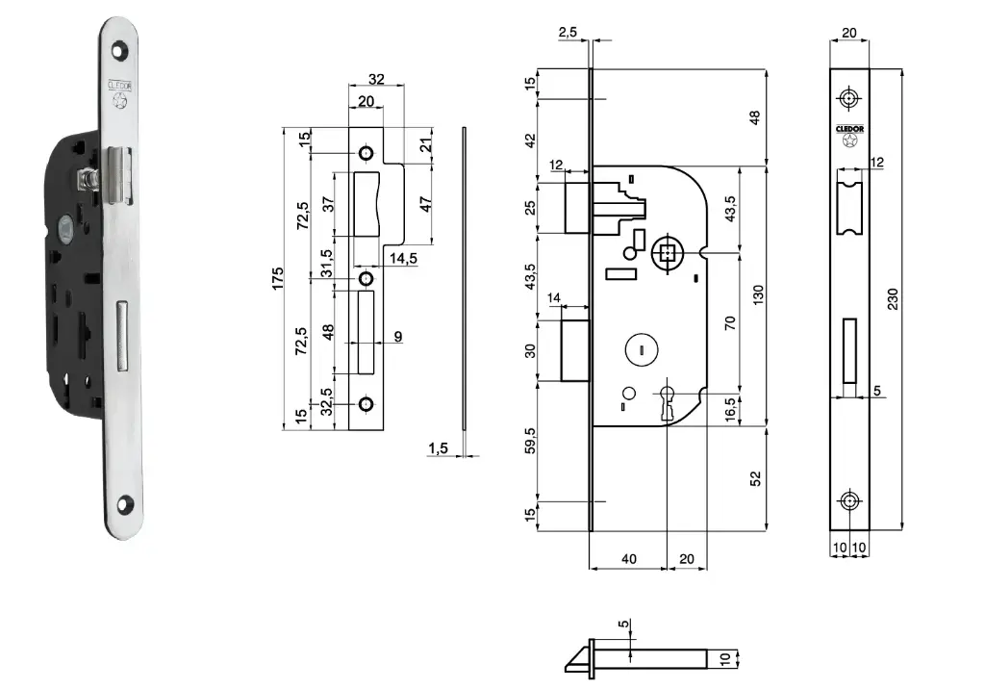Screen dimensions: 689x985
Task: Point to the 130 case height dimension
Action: pos(759,294)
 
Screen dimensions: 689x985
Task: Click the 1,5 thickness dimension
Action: pos(438,447)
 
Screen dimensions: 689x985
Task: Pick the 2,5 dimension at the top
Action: pos(568,32)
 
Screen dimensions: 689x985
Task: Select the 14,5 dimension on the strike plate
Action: pos(403,258)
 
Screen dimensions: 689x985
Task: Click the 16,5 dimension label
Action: pos(731,407)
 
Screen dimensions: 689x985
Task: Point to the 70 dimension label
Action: pos(731,322)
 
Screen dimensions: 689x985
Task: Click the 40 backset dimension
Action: pos(627,559)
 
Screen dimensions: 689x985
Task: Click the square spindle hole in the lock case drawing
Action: pos(665,255)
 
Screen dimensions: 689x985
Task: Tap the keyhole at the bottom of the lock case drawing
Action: pos(666,401)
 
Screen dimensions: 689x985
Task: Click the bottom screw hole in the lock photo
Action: pos(126,501)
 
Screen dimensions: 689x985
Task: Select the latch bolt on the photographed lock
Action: pos(116,175)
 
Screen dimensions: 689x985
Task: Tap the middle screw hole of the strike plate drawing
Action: pos(366,279)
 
